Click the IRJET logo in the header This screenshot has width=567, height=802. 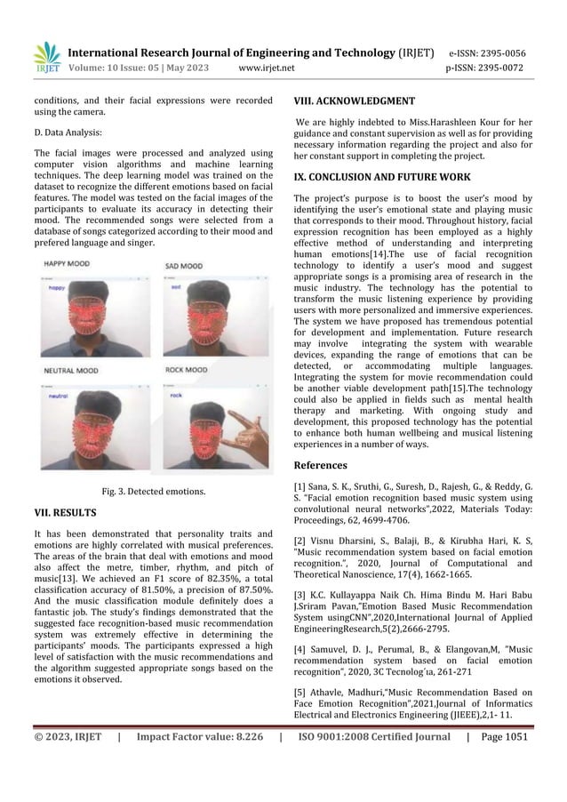click(x=47, y=58)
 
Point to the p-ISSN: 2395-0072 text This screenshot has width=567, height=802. click(x=487, y=67)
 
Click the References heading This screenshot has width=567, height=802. click(x=323, y=464)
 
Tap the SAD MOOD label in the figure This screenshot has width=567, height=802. click(x=186, y=266)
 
